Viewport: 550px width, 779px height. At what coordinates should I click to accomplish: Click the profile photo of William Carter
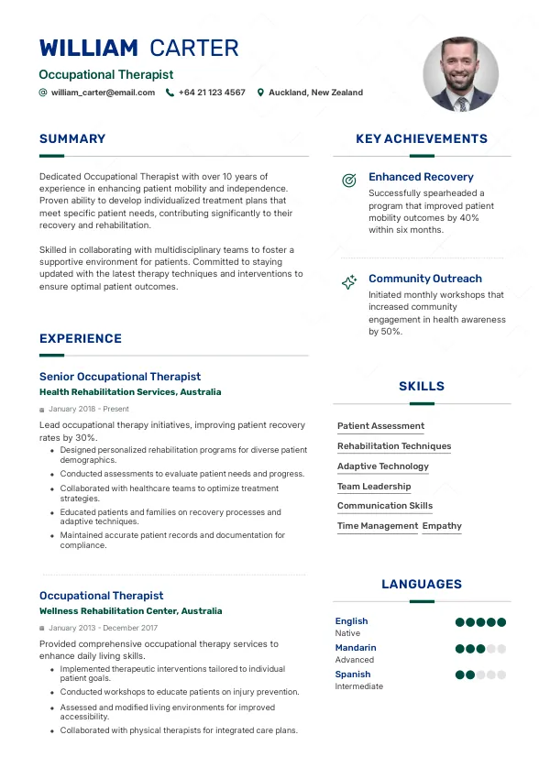pyautogui.click(x=460, y=74)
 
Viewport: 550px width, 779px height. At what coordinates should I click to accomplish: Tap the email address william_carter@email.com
pyautogui.click(x=103, y=93)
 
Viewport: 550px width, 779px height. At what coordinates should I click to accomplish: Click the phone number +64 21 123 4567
pyautogui.click(x=212, y=93)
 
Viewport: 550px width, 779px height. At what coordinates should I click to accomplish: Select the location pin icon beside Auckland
pyautogui.click(x=260, y=93)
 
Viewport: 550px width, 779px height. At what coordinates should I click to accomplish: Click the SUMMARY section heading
pyautogui.click(x=72, y=139)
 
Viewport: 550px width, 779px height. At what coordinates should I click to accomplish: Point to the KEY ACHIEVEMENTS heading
pyautogui.click(x=422, y=139)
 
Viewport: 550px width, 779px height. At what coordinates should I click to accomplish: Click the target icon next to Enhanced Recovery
pyautogui.click(x=348, y=181)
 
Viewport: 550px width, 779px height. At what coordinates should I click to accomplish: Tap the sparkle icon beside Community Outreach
pyautogui.click(x=348, y=282)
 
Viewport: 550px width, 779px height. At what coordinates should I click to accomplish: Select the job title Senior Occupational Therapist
pyautogui.click(x=120, y=377)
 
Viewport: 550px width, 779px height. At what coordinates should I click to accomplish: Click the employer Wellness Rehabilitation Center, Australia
pyautogui.click(x=130, y=611)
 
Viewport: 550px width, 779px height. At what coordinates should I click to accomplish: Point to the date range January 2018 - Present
pyautogui.click(x=89, y=410)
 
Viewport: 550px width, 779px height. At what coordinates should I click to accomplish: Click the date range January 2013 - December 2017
pyautogui.click(x=104, y=629)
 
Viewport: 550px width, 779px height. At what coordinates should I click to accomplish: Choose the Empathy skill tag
pyautogui.click(x=442, y=526)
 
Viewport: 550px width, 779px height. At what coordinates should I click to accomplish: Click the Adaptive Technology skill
pyautogui.click(x=383, y=466)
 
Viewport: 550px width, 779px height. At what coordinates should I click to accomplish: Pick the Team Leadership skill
pyautogui.click(x=374, y=487)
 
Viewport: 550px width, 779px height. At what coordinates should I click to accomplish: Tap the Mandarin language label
pyautogui.click(x=356, y=648)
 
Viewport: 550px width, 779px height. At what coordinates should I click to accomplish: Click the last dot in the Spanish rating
pyautogui.click(x=501, y=675)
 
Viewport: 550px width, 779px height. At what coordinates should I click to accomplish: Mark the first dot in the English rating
pyautogui.click(x=460, y=622)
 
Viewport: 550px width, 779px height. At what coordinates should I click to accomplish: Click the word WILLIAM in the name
pyautogui.click(x=89, y=49)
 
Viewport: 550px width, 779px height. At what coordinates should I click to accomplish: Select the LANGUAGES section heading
pyautogui.click(x=422, y=585)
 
